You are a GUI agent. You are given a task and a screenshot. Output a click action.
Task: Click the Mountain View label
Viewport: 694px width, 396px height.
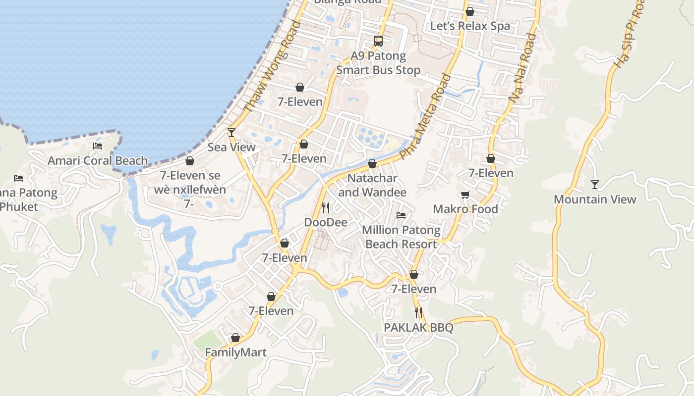pyautogui.click(x=594, y=199)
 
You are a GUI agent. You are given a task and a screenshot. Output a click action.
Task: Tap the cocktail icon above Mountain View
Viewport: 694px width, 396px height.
pyautogui.click(x=595, y=185)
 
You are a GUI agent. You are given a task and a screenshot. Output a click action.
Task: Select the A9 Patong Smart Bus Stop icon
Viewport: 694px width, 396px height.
pyautogui.click(x=378, y=41)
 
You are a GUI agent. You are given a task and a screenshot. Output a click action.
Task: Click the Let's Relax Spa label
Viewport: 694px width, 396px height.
pyautogui.click(x=470, y=26)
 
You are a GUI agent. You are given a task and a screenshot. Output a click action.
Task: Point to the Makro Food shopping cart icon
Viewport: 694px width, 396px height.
pyautogui.click(x=465, y=195)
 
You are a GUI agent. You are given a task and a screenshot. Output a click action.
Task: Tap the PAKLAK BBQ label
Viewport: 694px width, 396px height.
pyautogui.click(x=418, y=328)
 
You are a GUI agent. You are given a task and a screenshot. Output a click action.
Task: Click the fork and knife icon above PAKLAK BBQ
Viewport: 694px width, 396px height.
pyautogui.click(x=418, y=313)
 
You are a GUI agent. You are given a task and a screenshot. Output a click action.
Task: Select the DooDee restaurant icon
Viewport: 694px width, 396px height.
pyautogui.click(x=326, y=207)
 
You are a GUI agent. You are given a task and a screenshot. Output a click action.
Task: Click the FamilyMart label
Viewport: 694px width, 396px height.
pyautogui.click(x=235, y=352)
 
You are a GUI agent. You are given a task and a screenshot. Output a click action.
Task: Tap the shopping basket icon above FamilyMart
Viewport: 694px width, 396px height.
pyautogui.click(x=235, y=338)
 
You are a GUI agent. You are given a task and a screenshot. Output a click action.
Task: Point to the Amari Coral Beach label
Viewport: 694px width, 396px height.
pyautogui.click(x=98, y=160)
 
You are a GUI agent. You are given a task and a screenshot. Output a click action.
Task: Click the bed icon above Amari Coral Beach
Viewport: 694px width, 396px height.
pyautogui.click(x=98, y=146)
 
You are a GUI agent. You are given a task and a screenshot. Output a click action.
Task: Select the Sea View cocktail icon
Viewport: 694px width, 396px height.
pyautogui.click(x=231, y=132)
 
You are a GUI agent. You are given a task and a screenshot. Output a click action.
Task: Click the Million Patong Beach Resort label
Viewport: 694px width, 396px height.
pyautogui.click(x=401, y=237)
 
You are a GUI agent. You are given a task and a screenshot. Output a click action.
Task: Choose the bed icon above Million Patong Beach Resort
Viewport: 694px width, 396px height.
pyautogui.click(x=401, y=215)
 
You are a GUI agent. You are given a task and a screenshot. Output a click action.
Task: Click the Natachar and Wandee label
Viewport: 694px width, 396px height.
pyautogui.click(x=372, y=185)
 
